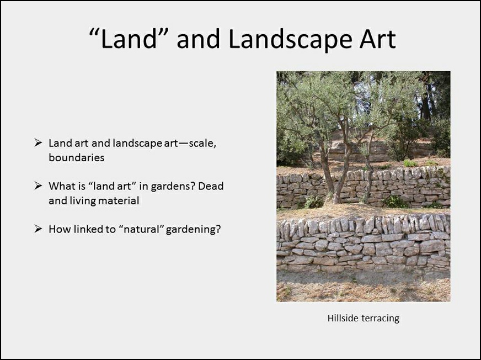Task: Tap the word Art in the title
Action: (378, 39)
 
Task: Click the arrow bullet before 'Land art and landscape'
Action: (38, 143)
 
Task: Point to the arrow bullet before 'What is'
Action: (38, 186)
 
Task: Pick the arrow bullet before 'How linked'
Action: (38, 229)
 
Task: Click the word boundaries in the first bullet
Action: (76, 157)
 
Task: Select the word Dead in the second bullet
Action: (211, 186)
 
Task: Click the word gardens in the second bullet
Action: (172, 187)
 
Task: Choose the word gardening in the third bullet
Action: (193, 230)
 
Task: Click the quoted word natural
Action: (140, 229)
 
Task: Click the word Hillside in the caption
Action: (343, 318)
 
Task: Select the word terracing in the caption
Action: (381, 319)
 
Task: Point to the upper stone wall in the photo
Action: (363, 188)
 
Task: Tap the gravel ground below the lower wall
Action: (363, 286)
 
